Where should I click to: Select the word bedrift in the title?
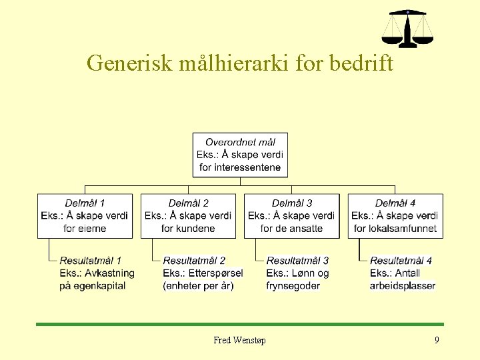(361, 63)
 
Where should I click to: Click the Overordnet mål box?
(240, 155)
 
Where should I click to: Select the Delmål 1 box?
(85, 215)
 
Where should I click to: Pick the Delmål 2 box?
(189, 215)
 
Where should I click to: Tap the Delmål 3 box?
(291, 215)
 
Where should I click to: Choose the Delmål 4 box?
(395, 215)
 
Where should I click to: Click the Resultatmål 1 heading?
(91, 260)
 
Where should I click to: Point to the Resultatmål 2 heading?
(194, 260)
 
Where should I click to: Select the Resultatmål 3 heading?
(297, 260)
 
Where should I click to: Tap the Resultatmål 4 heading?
(401, 260)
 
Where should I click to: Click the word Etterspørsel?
(215, 273)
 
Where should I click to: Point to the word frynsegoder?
(293, 285)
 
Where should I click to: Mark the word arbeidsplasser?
(403, 285)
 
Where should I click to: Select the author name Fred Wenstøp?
(239, 341)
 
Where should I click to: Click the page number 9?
(437, 341)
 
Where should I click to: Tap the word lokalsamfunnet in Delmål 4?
(404, 228)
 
